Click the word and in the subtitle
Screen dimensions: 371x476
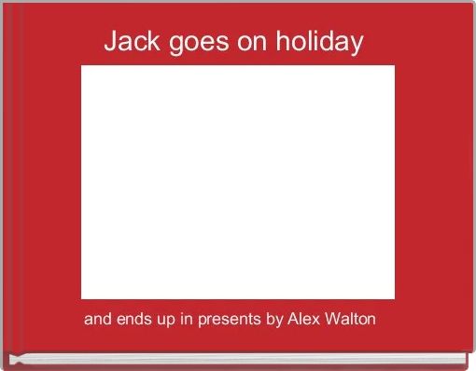pos(96,320)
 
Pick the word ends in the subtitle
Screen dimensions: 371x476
pos(131,320)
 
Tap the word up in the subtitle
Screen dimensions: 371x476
pos(164,321)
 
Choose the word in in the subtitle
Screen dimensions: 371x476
pos(186,320)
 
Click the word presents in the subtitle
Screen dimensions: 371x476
pos(228,321)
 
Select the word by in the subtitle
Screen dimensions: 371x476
pos(274,321)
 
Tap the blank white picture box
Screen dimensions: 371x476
pos(238,182)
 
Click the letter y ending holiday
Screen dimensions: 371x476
pos(356,46)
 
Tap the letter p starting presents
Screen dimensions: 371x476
pos(202,322)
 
